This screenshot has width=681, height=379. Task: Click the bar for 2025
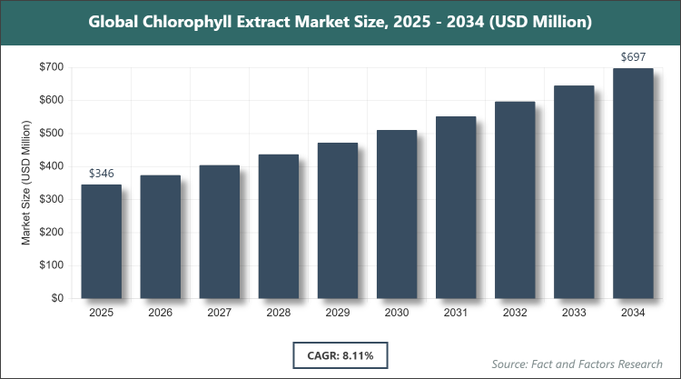(101, 241)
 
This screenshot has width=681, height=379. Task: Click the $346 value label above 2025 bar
(101, 173)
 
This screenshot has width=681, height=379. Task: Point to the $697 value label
(633, 56)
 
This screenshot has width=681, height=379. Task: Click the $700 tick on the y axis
(50, 67)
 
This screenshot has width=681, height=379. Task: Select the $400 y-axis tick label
(50, 166)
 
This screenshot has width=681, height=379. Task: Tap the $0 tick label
(56, 298)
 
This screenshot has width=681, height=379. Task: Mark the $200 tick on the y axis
(50, 233)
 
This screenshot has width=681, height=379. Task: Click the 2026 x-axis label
(160, 313)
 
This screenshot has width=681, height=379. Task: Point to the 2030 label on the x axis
(396, 313)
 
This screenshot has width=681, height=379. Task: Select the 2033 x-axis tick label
(574, 313)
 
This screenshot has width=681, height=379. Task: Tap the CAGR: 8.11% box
(340, 353)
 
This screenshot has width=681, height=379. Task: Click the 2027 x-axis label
(219, 313)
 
